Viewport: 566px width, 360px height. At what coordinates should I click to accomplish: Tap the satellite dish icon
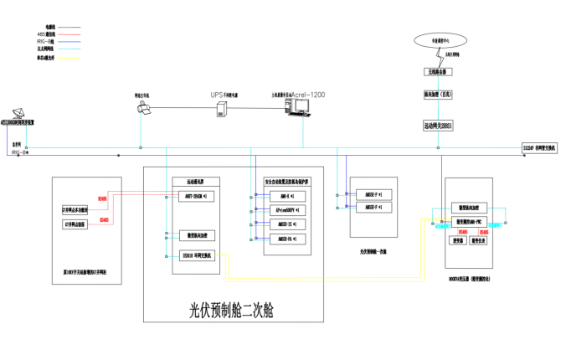[18, 114]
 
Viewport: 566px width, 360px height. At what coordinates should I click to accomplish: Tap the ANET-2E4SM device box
[196, 196]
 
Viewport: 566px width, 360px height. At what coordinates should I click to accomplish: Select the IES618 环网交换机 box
[196, 255]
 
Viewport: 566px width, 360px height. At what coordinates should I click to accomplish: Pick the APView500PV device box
[283, 210]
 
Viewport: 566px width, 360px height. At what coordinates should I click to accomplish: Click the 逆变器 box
[459, 239]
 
